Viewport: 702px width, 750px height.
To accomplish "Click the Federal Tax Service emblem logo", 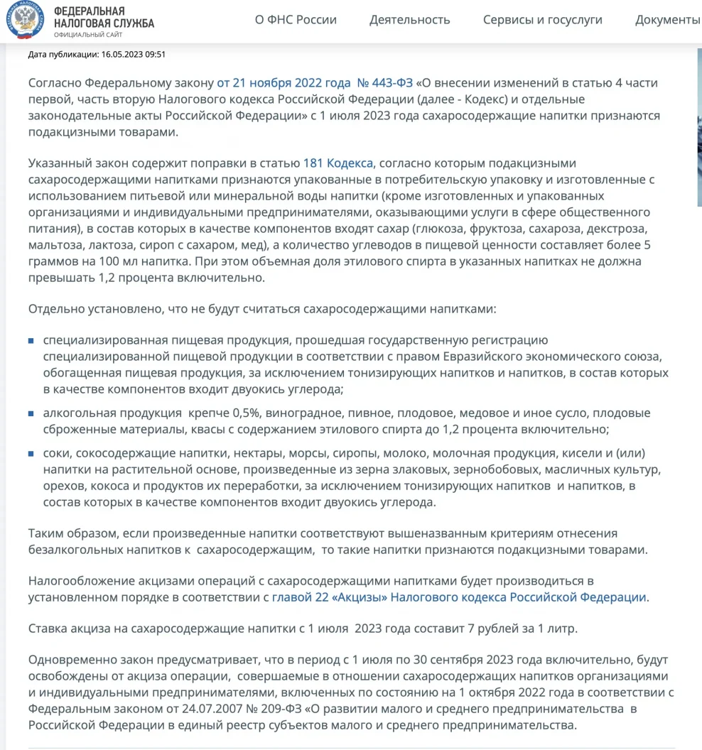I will pos(23,20).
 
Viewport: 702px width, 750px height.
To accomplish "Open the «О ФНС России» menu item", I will pos(296,20).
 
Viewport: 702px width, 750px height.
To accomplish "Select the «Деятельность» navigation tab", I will pos(409,20).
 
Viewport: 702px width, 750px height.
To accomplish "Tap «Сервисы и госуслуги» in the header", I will pos(542,20).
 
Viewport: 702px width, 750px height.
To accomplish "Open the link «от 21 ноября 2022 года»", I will pos(282,82).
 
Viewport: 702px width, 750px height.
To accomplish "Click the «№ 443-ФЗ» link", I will pos(384,82).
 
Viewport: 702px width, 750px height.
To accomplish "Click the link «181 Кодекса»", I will pos(337,163).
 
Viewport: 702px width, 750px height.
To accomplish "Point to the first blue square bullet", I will pos(31,341).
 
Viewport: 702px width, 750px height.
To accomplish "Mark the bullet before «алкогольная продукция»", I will pos(31,413).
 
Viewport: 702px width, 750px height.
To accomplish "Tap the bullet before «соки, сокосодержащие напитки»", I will pos(31,454).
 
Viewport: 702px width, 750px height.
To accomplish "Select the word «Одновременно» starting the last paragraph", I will pos(69,661).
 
